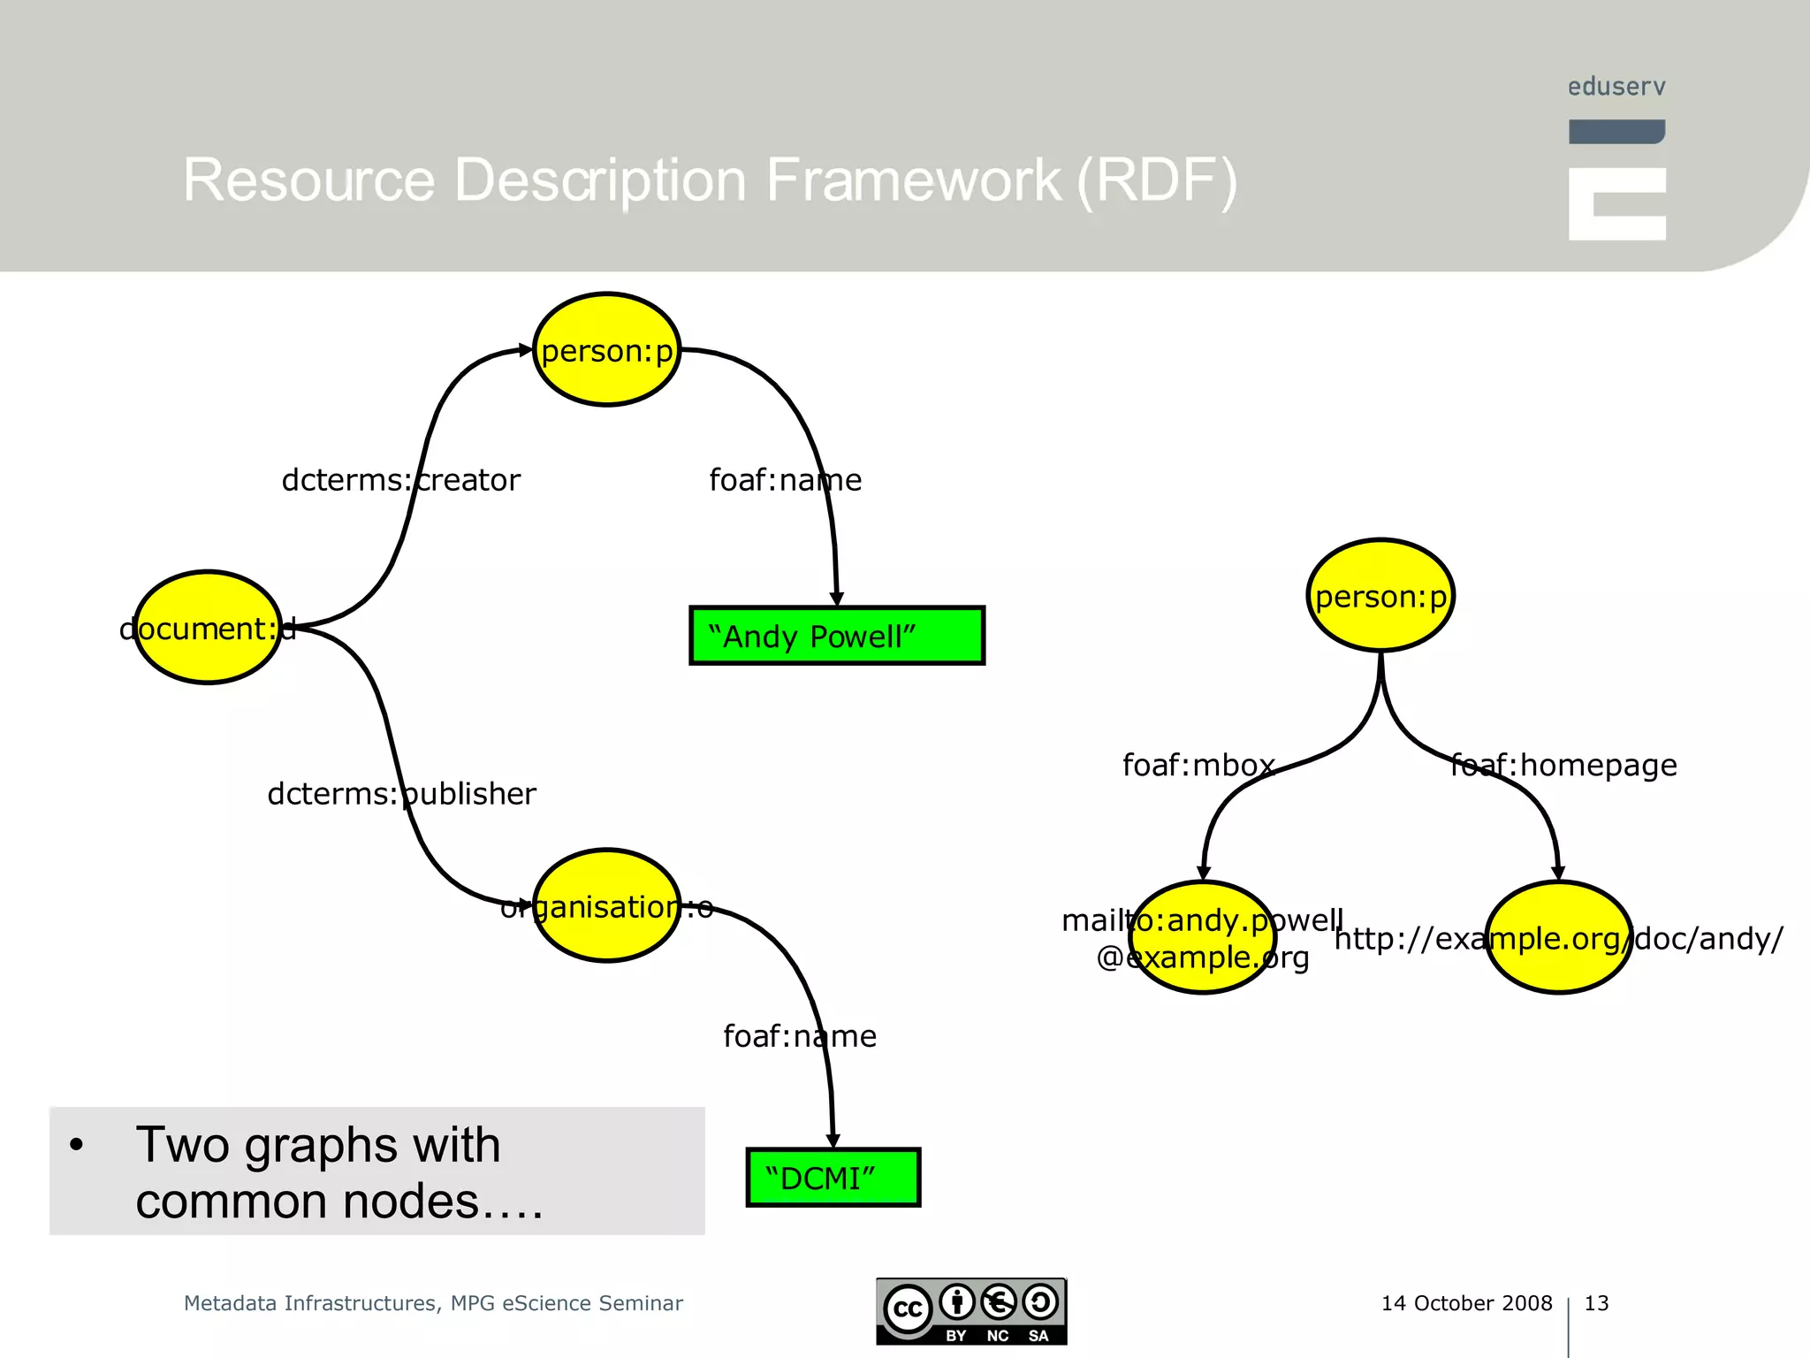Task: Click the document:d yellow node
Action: pyautogui.click(x=208, y=628)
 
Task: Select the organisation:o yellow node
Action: pyautogui.click(x=607, y=906)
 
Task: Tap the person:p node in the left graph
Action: pyautogui.click(x=607, y=350)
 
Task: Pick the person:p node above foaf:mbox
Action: pyautogui.click(x=1380, y=596)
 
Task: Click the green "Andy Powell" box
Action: pyautogui.click(x=836, y=636)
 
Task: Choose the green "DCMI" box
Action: pyautogui.click(x=833, y=1178)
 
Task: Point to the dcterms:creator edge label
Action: pyautogui.click(x=400, y=480)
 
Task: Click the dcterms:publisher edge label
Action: pyautogui.click(x=401, y=794)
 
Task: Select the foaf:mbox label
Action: pyautogui.click(x=1198, y=765)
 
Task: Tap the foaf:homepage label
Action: pyautogui.click(x=1563, y=765)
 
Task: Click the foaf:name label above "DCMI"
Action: pyautogui.click(x=800, y=1036)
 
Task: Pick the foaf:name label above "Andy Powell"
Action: pyautogui.click(x=785, y=480)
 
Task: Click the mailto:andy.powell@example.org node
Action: pyautogui.click(x=1203, y=938)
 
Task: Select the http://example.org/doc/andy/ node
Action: pyautogui.click(x=1559, y=938)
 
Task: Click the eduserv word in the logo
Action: pyautogui.click(x=1616, y=87)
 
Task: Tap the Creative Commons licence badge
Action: pyautogui.click(x=971, y=1311)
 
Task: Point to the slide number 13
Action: pyautogui.click(x=1596, y=1303)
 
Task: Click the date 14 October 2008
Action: pyautogui.click(x=1466, y=1303)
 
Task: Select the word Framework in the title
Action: pyautogui.click(x=913, y=180)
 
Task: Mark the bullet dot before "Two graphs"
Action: pyautogui.click(x=77, y=1145)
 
